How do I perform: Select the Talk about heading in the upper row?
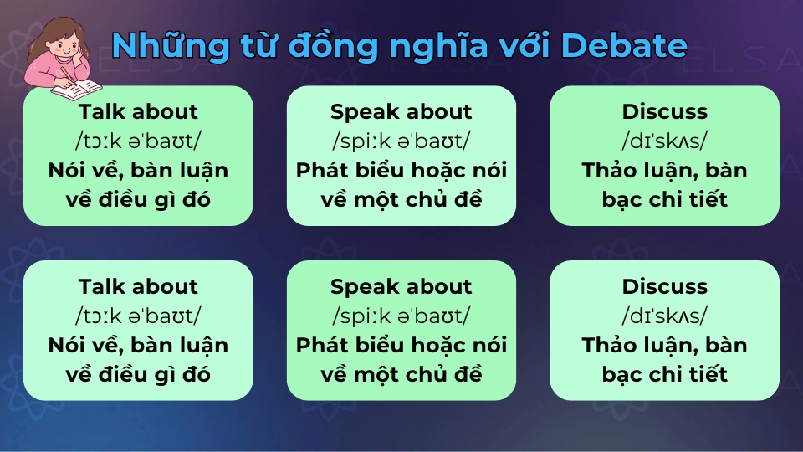pos(138,112)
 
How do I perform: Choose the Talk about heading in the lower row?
pos(138,287)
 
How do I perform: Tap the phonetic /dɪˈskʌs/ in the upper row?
pos(664,141)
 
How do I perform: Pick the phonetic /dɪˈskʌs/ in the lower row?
pos(664,316)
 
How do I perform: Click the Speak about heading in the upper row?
pos(401,112)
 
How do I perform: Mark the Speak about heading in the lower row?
pos(401,287)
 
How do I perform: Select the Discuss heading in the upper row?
pos(664,112)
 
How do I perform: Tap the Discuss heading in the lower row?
pos(664,287)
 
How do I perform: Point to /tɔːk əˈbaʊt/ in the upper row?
pos(138,141)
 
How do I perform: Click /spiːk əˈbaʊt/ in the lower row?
pos(401,316)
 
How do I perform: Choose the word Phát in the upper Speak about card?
pos(321,171)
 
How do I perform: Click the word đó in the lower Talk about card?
pos(197,374)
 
